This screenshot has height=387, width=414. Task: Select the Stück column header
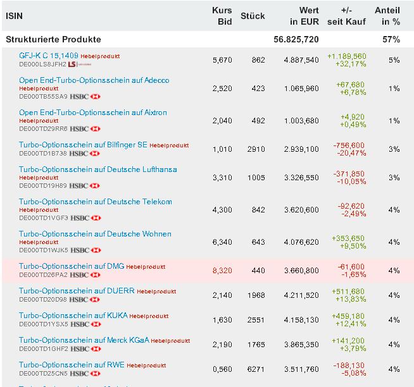(253, 16)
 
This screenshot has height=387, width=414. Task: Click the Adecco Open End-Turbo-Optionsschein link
(94, 80)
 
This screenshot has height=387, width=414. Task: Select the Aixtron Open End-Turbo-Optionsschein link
(92, 113)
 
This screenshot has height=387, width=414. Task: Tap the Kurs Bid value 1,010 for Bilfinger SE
(223, 149)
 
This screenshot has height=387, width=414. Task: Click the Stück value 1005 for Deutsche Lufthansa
(256, 178)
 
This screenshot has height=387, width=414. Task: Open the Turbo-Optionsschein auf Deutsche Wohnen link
(95, 234)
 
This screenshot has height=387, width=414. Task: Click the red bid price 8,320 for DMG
(223, 271)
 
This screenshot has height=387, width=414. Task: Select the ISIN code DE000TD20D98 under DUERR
(43, 299)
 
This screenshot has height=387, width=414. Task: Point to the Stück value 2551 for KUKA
(255, 320)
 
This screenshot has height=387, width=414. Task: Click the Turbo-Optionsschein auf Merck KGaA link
(84, 340)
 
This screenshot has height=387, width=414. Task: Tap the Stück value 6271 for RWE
(255, 369)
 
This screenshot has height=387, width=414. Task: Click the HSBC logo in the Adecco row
(85, 96)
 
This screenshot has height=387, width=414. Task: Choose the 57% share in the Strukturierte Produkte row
(391, 39)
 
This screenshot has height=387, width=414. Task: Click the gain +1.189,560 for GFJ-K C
(346, 56)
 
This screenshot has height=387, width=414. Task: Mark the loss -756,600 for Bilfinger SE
(349, 145)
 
